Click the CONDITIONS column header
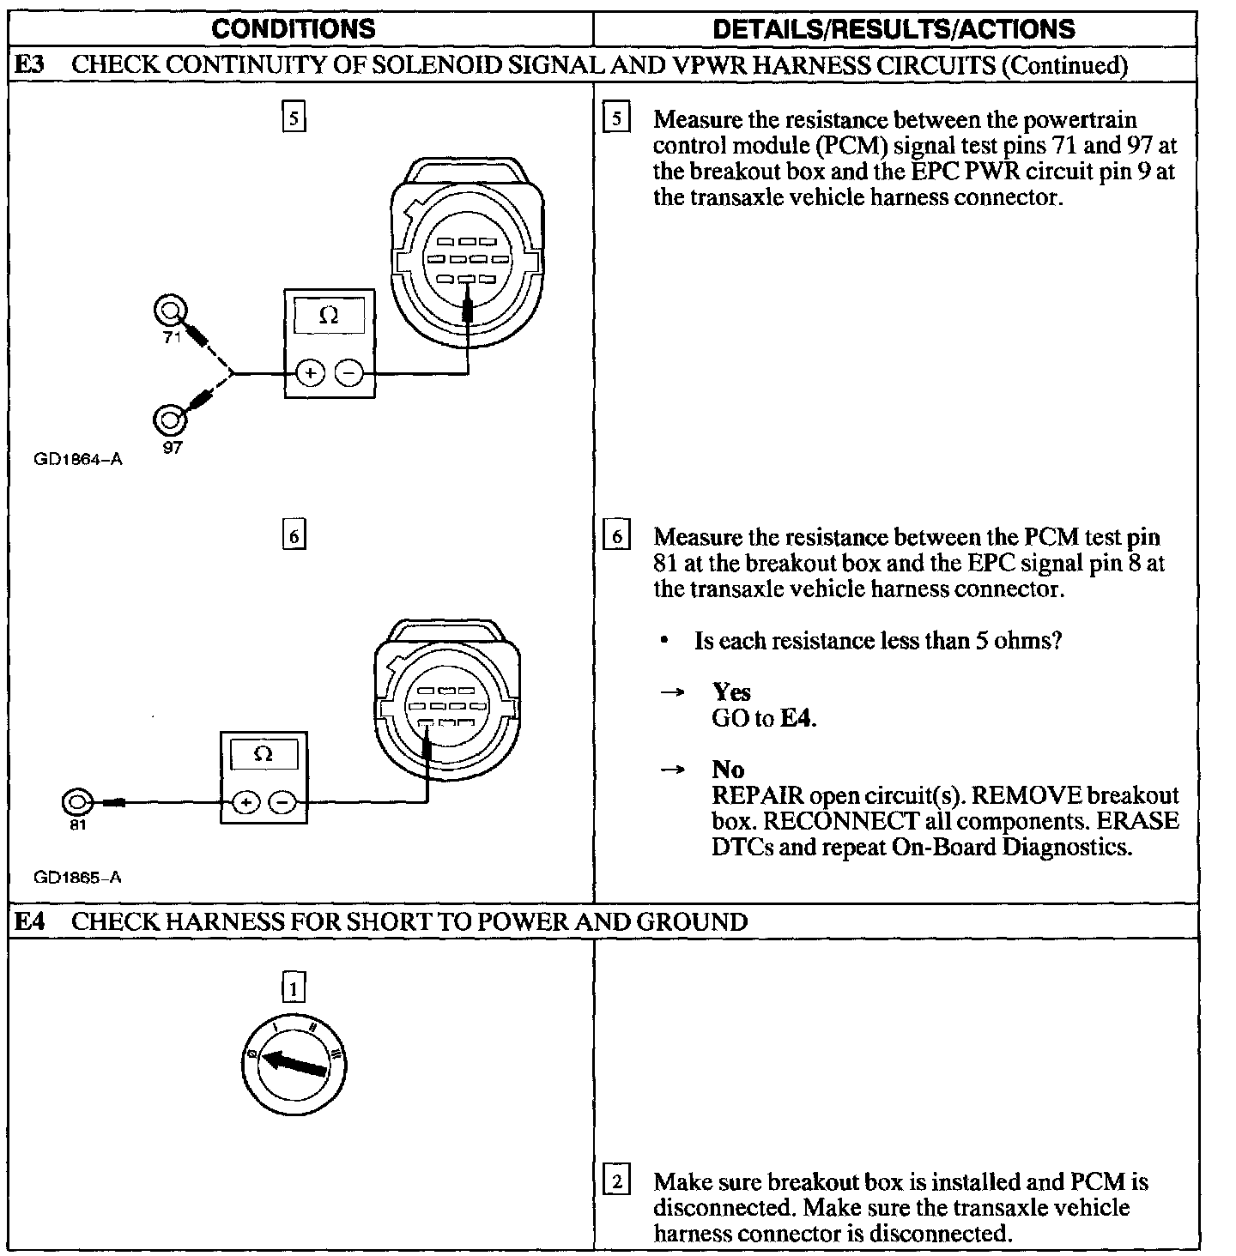pos(293,29)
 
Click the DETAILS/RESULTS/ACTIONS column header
pos(894,29)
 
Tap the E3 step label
pos(32,65)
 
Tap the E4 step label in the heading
pos(32,921)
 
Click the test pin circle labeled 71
pos(169,310)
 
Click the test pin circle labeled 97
pos(168,420)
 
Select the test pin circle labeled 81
pos(76,801)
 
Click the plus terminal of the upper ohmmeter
pos(310,373)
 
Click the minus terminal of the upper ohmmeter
pos(348,373)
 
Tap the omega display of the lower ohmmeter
pos(264,755)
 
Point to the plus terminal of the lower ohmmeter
pos(246,802)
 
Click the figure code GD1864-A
pos(78,460)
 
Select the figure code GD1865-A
pos(78,877)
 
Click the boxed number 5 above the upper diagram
pos(294,117)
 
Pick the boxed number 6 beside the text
pos(616,537)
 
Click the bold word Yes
pos(731,691)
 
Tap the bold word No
pos(728,769)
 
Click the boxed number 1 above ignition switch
pos(294,988)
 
